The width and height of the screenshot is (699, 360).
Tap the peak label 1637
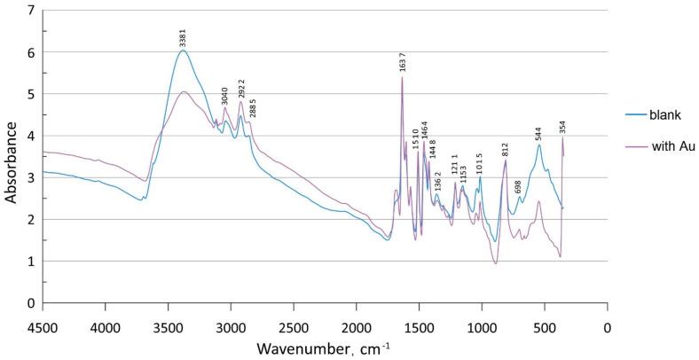[x=403, y=63]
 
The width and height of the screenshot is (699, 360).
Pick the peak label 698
[x=518, y=188]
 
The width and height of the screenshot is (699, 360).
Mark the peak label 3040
[x=225, y=96]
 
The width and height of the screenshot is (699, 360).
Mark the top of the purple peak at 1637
[x=402, y=77]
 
